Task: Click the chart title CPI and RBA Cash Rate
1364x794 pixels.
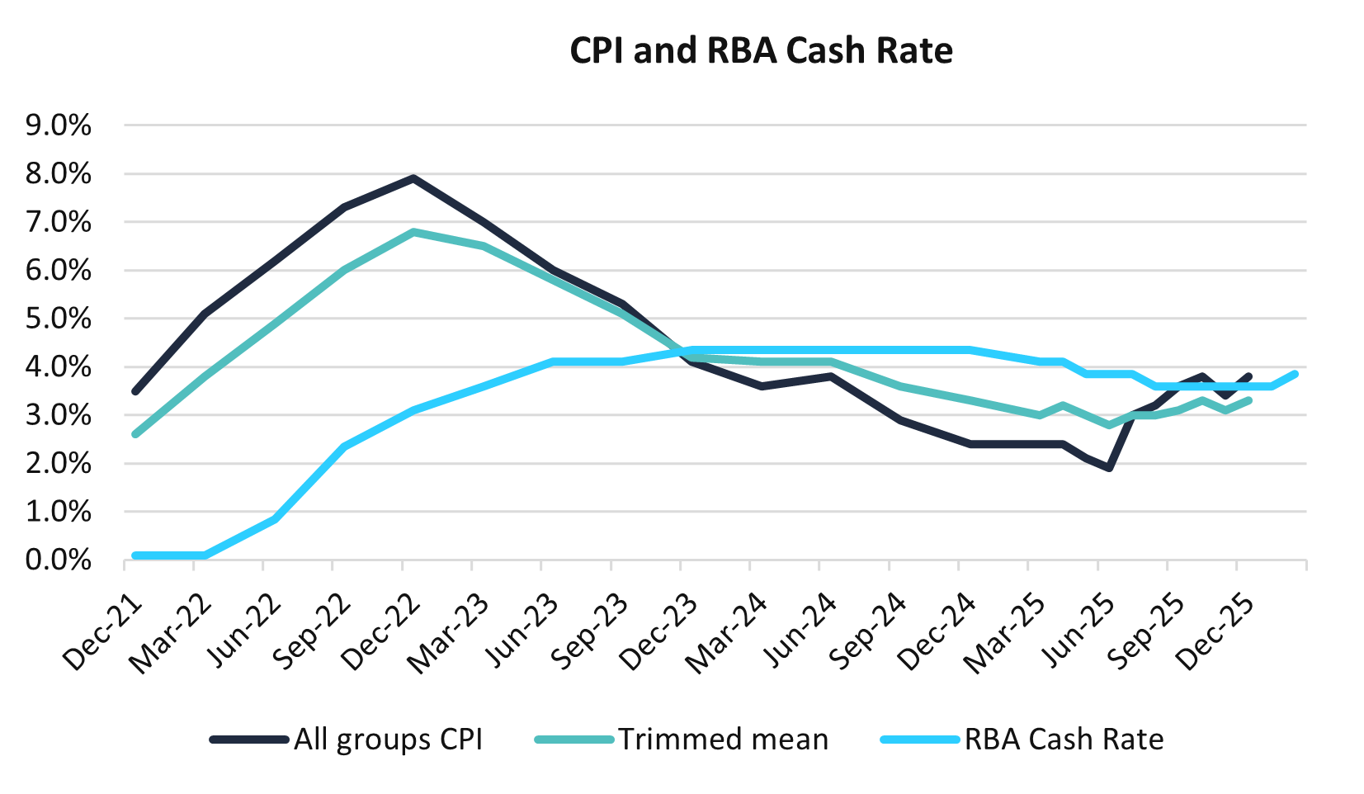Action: tap(761, 51)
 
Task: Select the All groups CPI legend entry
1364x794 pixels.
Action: tap(388, 739)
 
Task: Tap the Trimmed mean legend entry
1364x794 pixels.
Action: tap(723, 739)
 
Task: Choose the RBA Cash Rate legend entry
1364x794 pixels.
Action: tap(1064, 739)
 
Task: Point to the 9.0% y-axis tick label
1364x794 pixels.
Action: tap(58, 125)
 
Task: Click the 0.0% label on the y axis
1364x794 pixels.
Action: tap(58, 560)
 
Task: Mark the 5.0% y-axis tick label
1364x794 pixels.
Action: tap(58, 319)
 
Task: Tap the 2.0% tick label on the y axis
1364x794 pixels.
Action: tap(58, 464)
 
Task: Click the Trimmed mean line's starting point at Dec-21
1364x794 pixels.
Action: tap(135, 434)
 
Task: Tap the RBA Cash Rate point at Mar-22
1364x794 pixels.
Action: tap(205, 555)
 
